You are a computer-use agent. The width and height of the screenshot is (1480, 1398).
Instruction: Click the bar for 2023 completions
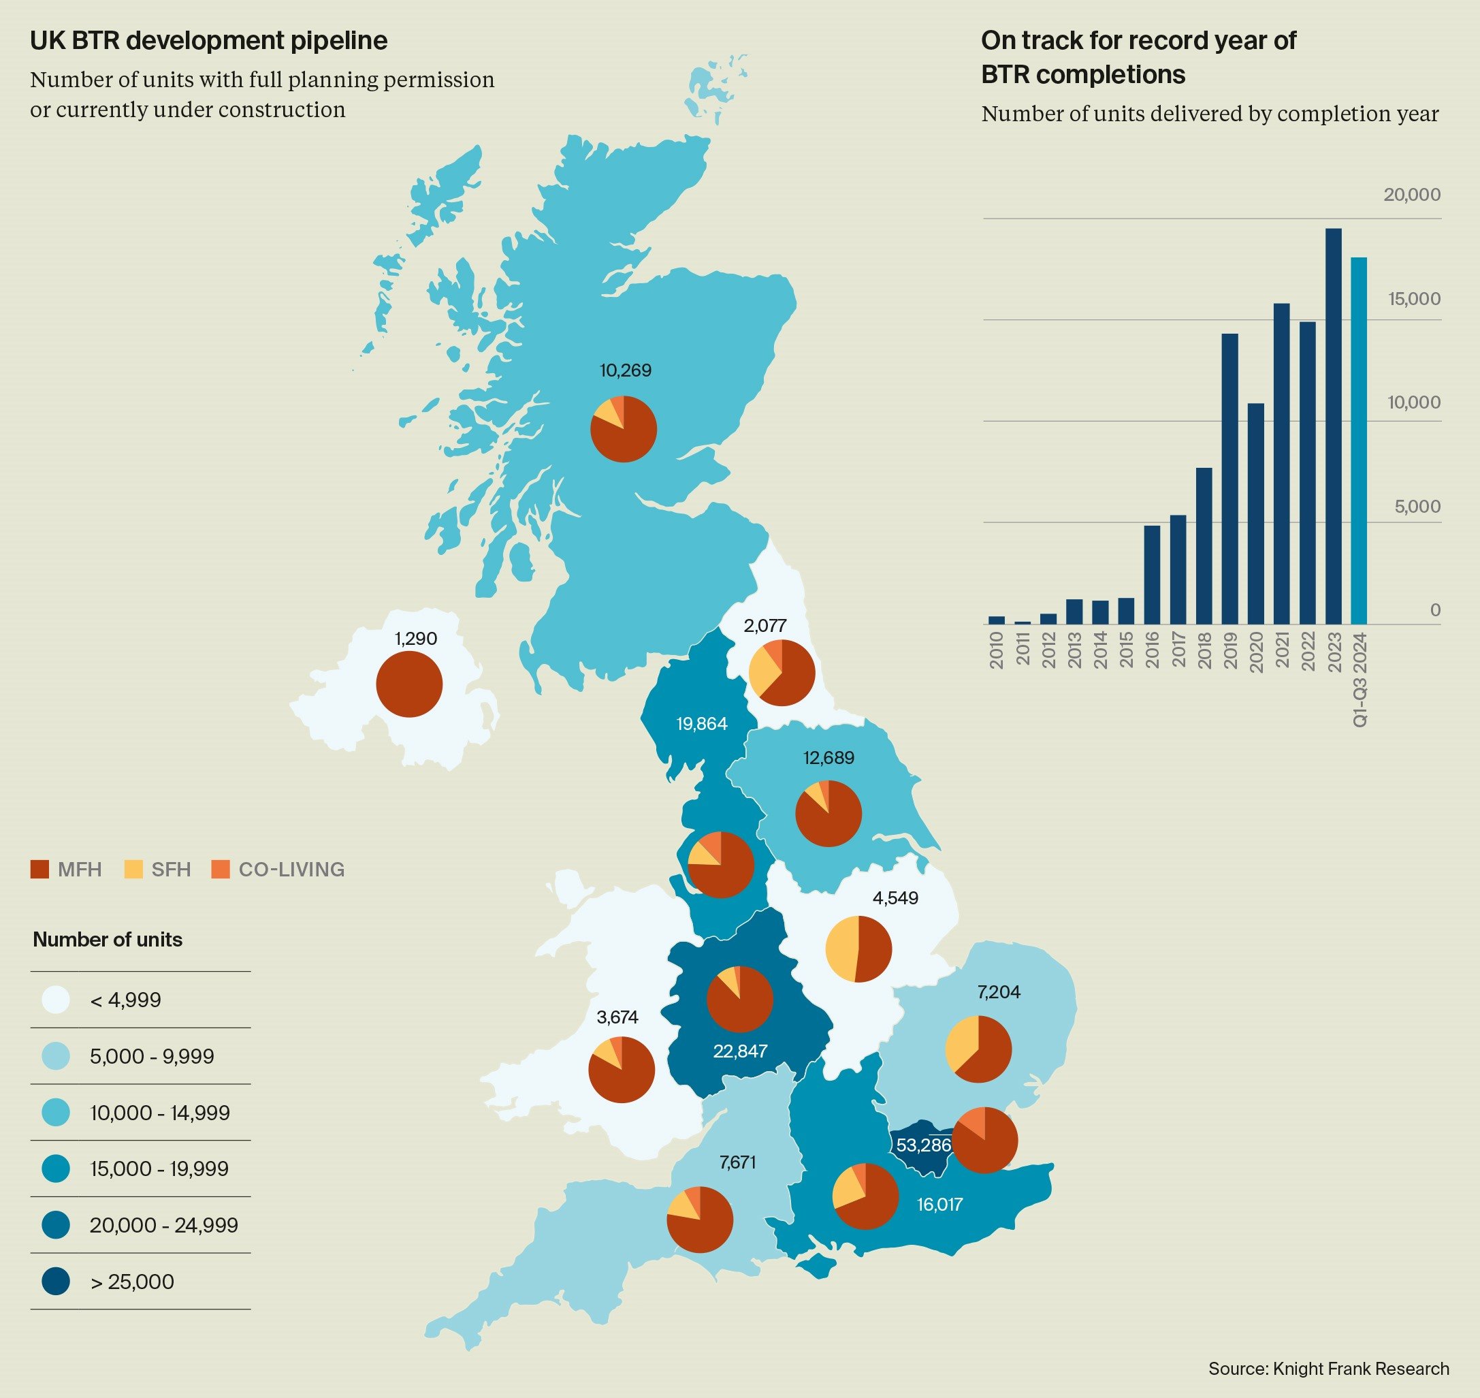tap(1333, 426)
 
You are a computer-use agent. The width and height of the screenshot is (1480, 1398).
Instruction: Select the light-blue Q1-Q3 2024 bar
tap(1359, 441)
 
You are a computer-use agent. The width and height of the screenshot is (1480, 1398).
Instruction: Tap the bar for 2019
tap(1229, 479)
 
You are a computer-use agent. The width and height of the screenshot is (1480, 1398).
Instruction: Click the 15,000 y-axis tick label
tap(1414, 299)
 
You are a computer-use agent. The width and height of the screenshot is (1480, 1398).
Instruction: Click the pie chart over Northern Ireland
tap(409, 684)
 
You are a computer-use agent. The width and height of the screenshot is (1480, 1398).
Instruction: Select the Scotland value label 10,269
tap(626, 370)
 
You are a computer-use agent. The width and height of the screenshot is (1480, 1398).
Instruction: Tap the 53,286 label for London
tap(923, 1145)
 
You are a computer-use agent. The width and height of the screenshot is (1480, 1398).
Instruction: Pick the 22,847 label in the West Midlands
tap(739, 1051)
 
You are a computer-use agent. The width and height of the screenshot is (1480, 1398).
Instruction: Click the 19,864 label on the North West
tap(702, 724)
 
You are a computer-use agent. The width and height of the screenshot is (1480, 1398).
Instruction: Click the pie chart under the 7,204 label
tap(978, 1049)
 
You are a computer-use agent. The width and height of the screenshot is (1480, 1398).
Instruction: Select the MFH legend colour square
tap(39, 869)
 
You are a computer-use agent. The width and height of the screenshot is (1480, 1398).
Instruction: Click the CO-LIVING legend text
tap(291, 869)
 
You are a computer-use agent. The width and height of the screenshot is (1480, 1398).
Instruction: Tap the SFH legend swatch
tap(133, 869)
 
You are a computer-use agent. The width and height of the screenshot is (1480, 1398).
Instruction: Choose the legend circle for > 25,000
tap(56, 1281)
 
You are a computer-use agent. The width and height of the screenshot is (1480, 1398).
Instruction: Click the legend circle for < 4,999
tap(56, 1000)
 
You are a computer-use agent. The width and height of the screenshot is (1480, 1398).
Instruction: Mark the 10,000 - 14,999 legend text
tap(159, 1113)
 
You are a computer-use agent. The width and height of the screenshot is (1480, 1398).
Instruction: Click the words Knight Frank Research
tap(1361, 1368)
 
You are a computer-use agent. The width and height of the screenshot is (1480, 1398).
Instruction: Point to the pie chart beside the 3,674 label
tap(621, 1069)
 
